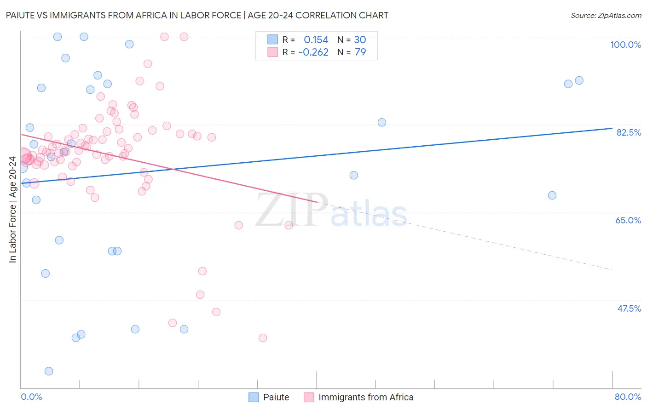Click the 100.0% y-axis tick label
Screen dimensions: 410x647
point(625,45)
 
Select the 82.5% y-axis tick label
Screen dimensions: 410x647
point(629,132)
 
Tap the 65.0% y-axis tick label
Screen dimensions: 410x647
point(628,220)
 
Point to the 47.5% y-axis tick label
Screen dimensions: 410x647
point(629,308)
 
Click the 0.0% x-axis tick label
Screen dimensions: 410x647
point(31,397)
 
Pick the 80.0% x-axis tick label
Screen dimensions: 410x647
point(628,397)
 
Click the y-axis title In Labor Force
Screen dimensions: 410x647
point(12,210)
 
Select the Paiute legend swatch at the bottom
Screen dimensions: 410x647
point(254,397)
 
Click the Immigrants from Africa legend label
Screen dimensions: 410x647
point(366,397)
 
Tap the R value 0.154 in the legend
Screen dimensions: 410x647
point(316,40)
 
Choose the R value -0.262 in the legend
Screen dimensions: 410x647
point(313,52)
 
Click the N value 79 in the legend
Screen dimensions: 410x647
point(360,52)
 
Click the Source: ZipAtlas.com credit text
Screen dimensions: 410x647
point(606,15)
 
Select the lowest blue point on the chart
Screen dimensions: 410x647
point(49,371)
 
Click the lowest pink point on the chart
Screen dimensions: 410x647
point(263,338)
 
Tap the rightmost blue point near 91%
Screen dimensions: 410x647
point(579,80)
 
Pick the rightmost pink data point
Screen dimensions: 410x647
point(289,225)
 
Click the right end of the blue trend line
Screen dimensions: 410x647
point(612,128)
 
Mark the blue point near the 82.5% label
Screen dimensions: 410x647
point(382,122)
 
